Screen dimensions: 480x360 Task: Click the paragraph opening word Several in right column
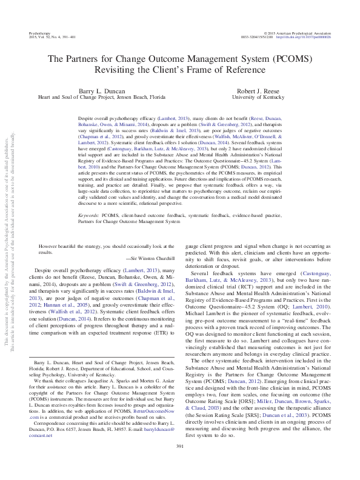(202, 274)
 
